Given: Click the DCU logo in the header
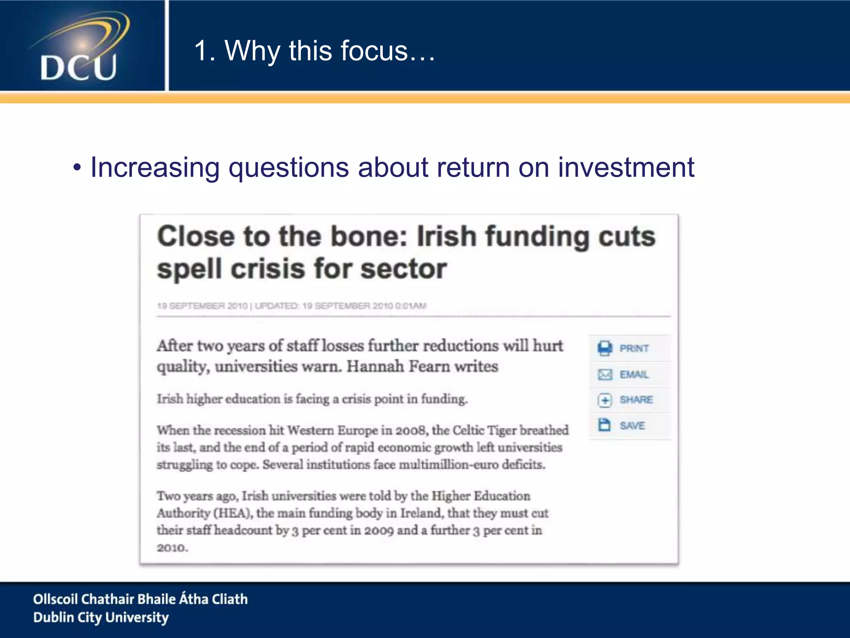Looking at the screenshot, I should [81, 48].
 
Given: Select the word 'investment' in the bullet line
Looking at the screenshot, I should [626, 167].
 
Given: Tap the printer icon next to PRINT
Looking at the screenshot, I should [605, 348].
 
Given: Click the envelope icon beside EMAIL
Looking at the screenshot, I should [605, 375].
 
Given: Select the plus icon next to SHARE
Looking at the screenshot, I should [605, 400].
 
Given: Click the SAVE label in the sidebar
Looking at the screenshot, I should [632, 426].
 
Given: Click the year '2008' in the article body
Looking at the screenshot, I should [411, 430].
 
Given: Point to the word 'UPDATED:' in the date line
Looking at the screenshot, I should [276, 306].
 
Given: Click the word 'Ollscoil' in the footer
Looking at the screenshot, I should [55, 599].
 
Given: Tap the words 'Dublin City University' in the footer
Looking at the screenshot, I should [101, 618].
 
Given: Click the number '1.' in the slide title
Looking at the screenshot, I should [204, 51].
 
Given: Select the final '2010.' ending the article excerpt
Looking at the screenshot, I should [172, 548].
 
